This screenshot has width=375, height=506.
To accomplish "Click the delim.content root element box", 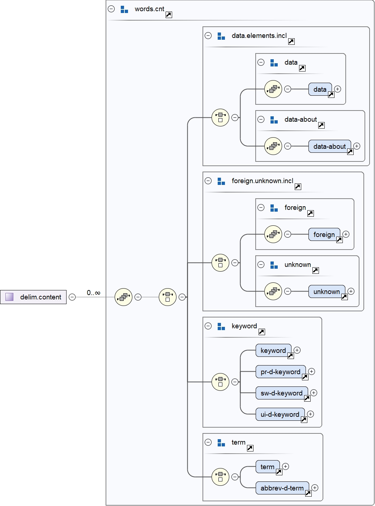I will pyautogui.click(x=33, y=297).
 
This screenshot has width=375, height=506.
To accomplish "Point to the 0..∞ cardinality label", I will pyautogui.click(x=93, y=293).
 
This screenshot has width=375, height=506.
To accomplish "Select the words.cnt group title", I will pyautogui.click(x=149, y=9).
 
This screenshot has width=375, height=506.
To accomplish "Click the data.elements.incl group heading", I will pyautogui.click(x=259, y=36).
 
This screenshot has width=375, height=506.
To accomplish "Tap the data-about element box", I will pyautogui.click(x=329, y=146).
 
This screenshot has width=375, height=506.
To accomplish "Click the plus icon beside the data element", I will pyautogui.click(x=338, y=89).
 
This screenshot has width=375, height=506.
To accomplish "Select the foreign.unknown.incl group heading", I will pyautogui.click(x=262, y=181).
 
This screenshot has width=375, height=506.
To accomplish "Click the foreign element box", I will pyautogui.click(x=324, y=234).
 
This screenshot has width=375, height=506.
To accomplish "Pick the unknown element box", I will pyautogui.click(x=326, y=291).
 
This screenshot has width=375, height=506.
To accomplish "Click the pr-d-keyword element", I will pyautogui.click(x=280, y=372).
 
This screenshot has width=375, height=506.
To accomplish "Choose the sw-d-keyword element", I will pyautogui.click(x=281, y=393).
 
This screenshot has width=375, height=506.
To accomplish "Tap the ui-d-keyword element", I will pyautogui.click(x=280, y=414).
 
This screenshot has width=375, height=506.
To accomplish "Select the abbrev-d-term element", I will pyautogui.click(x=282, y=488).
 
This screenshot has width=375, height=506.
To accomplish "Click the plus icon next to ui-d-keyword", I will pyautogui.click(x=311, y=414).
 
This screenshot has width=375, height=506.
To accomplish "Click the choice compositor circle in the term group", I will pyautogui.click(x=220, y=477).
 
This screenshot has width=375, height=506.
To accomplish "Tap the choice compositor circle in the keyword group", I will pyautogui.click(x=220, y=382).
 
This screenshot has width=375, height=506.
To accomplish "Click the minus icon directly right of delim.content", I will pyautogui.click(x=72, y=297).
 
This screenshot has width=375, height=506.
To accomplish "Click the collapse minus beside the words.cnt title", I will pyautogui.click(x=111, y=9).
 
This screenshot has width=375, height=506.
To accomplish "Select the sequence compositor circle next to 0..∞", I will pyautogui.click(x=123, y=297).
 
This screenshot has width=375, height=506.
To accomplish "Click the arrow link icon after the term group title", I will pyautogui.click(x=250, y=448).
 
